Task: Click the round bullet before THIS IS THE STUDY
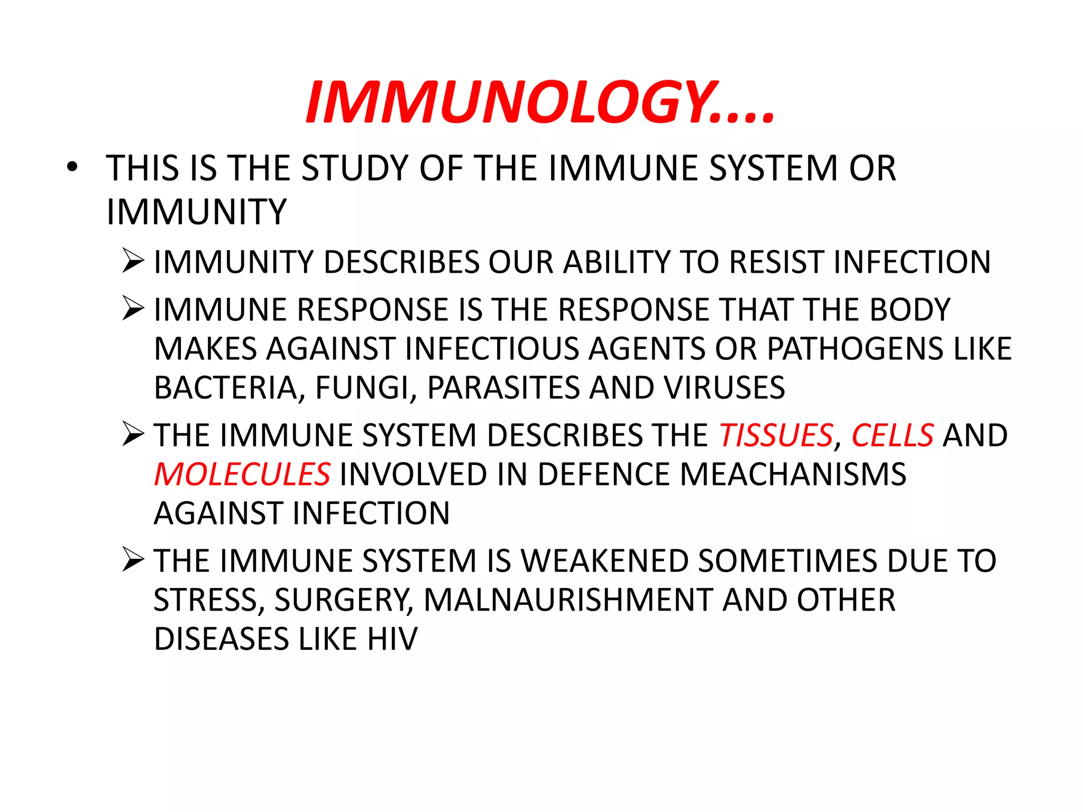pos(72,168)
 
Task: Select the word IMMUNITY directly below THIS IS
pos(196,212)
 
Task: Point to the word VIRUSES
pos(724,388)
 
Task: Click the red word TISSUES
pos(776,436)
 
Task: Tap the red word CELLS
pos(892,436)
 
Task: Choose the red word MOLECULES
pos(242,474)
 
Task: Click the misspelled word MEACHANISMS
pos(793,474)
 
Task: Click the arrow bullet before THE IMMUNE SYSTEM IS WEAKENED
pos(133,560)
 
